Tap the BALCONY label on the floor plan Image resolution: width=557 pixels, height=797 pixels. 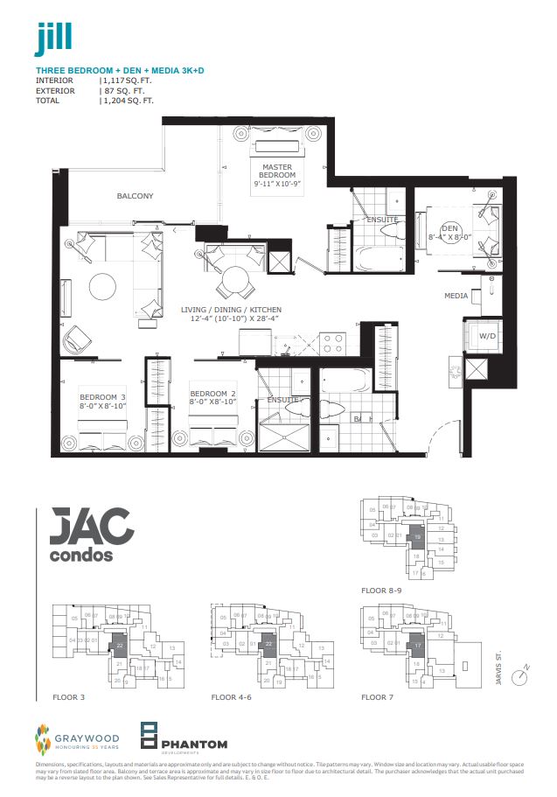(135, 196)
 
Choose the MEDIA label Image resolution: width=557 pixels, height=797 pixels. (456, 296)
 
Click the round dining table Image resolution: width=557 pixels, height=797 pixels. (234, 281)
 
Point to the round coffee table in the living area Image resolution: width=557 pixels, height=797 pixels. (102, 287)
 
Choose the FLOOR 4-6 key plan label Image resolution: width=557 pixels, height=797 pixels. (231, 698)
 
